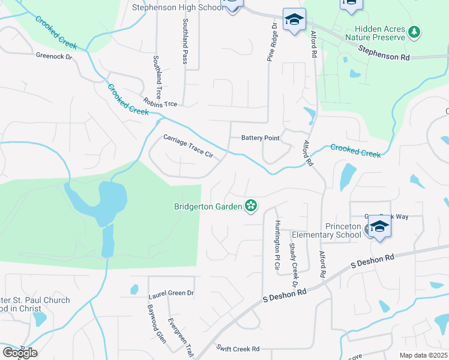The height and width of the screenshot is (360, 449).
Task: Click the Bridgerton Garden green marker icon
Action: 251,206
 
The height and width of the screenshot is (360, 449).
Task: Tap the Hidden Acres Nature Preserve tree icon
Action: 414,32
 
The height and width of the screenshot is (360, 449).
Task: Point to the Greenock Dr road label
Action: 53,57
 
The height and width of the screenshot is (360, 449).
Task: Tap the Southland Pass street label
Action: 185,40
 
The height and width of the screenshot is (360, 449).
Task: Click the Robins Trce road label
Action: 160,103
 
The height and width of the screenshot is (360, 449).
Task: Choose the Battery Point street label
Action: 261,138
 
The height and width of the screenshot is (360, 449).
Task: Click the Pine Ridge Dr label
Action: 272,43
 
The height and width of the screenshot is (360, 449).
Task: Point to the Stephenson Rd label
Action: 384,53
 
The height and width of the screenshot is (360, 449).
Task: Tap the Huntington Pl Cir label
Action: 277,244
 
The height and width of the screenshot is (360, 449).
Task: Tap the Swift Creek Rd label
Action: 238,349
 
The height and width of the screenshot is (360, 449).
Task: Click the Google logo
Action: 20,353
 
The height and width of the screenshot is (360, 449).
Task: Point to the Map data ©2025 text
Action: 423,355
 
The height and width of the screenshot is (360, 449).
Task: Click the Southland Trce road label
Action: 158,77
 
